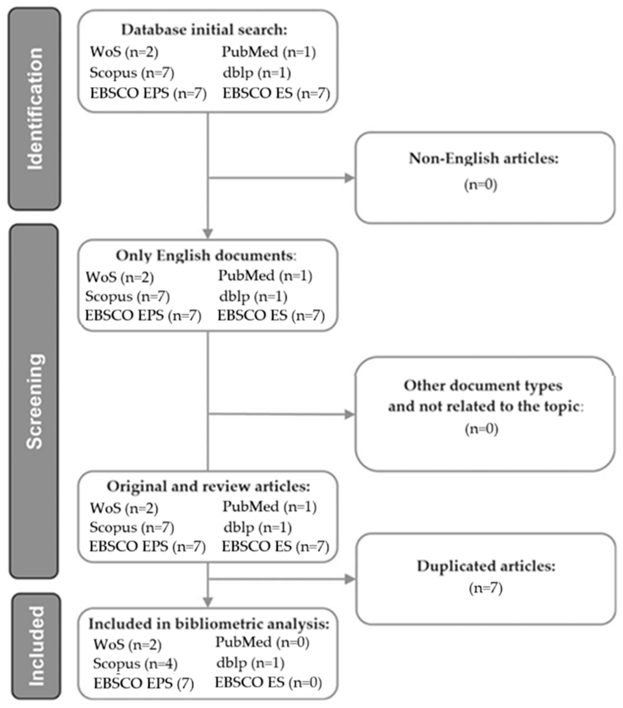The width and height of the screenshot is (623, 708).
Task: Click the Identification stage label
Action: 34,109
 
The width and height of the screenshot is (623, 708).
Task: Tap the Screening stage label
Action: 34,402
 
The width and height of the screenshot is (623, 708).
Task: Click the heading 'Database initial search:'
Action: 204,30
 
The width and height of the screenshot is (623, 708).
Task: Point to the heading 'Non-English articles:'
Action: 484,158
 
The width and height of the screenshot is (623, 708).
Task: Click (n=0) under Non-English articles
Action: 481,184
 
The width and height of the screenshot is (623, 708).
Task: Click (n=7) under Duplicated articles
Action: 486,588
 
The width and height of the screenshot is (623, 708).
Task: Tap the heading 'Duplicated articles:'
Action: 486,566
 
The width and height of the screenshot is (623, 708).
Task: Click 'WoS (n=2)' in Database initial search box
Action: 124,52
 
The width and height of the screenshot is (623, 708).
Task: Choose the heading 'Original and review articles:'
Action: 208,486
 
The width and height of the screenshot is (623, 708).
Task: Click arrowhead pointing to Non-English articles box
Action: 349,178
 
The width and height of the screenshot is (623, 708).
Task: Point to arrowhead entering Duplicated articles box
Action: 350,579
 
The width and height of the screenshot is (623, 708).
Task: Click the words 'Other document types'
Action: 483,385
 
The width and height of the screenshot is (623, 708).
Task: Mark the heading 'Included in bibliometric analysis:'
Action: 209,624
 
